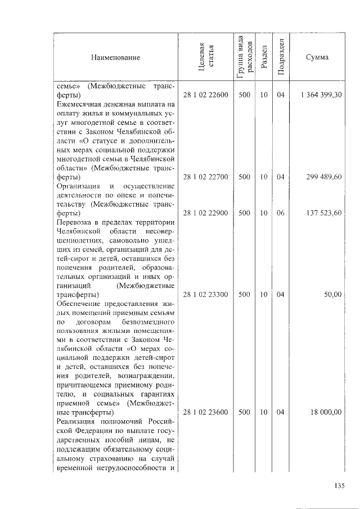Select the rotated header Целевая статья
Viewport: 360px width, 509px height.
pos(206,58)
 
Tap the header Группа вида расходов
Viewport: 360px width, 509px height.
pos(244,58)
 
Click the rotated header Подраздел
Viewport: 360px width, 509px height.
pos(281,58)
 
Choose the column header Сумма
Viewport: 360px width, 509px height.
pos(318,58)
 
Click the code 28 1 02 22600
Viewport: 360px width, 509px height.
pos(206,96)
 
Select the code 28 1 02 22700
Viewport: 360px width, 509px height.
pos(206,177)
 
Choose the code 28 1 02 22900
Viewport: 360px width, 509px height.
pos(206,213)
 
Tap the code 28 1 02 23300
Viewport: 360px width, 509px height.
pos(206,295)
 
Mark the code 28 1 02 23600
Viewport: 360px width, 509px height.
pos(206,412)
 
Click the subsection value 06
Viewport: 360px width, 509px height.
pos(281,213)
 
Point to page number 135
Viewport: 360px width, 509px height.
pos(339,487)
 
